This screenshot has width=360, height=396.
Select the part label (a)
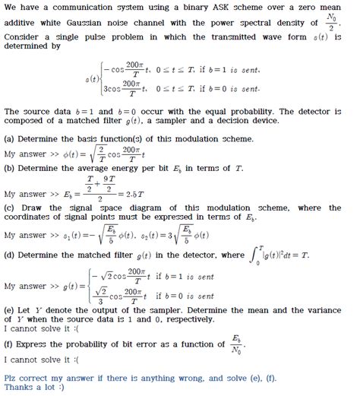point(11,139)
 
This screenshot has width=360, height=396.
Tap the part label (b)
point(11,169)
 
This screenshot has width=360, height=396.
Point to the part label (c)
point(11,208)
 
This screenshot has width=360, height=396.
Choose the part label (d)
point(11,255)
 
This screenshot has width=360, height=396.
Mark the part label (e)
point(11,312)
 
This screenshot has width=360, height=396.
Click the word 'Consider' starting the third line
point(24,37)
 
